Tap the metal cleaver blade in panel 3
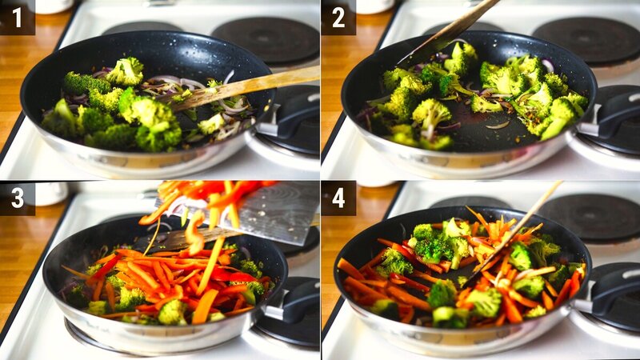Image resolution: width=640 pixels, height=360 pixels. [272, 212]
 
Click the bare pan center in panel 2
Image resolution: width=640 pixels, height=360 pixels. [480, 132]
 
